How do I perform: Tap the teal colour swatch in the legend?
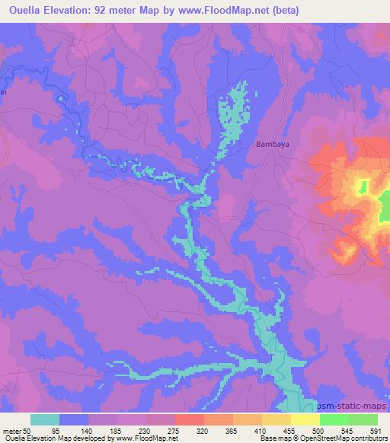pyautogui.click(x=45, y=419)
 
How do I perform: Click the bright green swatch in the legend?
pyautogui.click(x=334, y=419)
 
